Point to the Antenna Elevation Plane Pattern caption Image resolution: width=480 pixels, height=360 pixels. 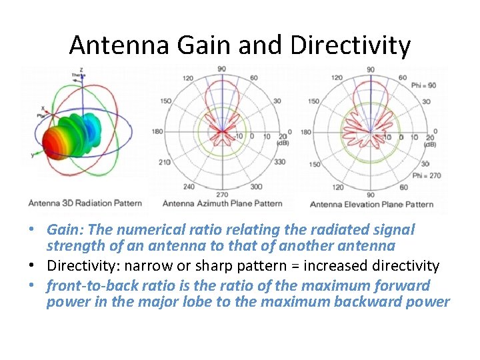[x=371, y=204]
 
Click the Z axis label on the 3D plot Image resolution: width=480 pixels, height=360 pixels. [x=81, y=69]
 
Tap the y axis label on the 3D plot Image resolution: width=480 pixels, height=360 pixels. [x=31, y=155]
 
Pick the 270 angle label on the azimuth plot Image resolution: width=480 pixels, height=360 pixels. [x=221, y=195]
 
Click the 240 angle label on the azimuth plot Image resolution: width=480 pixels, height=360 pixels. [x=189, y=187]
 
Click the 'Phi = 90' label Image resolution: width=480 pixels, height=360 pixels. [x=423, y=85]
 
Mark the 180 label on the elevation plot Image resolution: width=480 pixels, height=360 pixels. [x=305, y=132]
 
